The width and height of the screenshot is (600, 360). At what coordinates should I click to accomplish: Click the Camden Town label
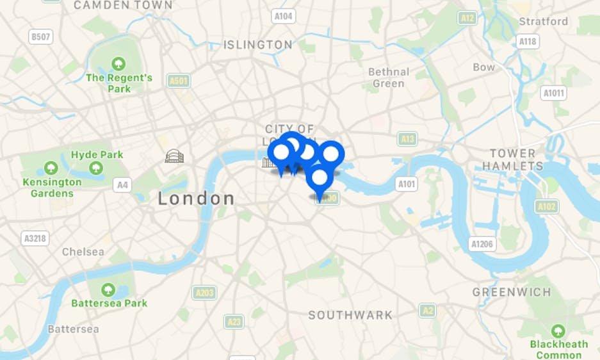pyautogui.click(x=123, y=5)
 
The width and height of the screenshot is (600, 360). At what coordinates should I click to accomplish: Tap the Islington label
pyautogui.click(x=257, y=45)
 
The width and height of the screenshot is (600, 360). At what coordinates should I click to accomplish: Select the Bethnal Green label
pyautogui.click(x=388, y=78)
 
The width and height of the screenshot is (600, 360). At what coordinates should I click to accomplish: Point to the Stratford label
pyautogui.click(x=544, y=21)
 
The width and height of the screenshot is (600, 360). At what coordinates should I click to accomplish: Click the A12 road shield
pyautogui.click(x=468, y=18)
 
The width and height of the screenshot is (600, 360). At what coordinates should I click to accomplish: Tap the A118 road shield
pyautogui.click(x=528, y=41)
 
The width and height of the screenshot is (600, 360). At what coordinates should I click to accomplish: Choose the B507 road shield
pyautogui.click(x=40, y=37)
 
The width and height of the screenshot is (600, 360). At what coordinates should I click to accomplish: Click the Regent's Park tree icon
pyautogui.click(x=118, y=63)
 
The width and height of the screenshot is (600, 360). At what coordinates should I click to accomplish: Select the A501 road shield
pyautogui.click(x=179, y=81)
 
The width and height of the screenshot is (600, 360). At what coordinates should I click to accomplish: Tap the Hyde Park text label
pyautogui.click(x=97, y=154)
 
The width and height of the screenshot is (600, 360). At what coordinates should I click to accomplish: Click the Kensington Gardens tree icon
pyautogui.click(x=51, y=168)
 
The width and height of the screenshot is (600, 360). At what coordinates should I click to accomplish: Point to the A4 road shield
pyautogui.click(x=122, y=185)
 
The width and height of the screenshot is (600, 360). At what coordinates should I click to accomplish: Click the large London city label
pyautogui.click(x=196, y=199)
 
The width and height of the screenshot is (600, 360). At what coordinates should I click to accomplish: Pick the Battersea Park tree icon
pyautogui.click(x=108, y=290)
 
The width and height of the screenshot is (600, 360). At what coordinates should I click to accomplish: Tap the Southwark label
pyautogui.click(x=350, y=315)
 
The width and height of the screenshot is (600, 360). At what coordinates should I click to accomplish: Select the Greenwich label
pyautogui.click(x=511, y=292)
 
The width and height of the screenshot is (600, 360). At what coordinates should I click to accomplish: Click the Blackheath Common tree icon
pyautogui.click(x=558, y=331)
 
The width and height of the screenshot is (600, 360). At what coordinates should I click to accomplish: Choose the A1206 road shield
pyautogui.click(x=482, y=243)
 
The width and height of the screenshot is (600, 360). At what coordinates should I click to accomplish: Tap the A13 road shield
pyautogui.click(x=407, y=138)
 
